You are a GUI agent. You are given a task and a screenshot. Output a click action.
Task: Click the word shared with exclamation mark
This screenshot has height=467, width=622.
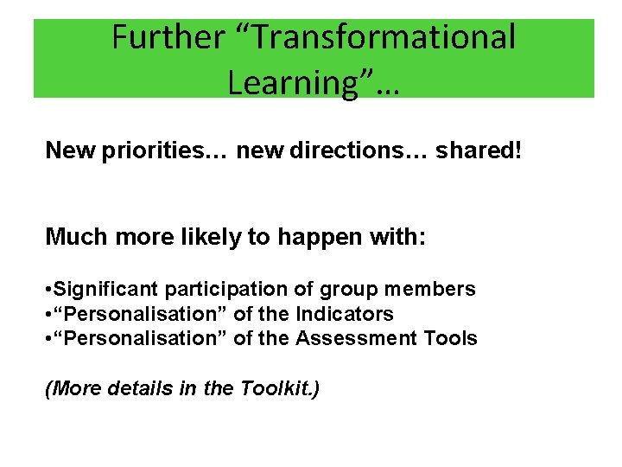[x=479, y=150]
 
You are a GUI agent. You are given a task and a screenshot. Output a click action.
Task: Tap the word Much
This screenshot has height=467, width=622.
[x=73, y=236]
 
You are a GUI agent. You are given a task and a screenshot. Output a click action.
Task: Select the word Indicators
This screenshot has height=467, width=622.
[x=345, y=314]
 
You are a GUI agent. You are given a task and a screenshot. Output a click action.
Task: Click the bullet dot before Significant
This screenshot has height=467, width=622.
[x=48, y=290]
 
